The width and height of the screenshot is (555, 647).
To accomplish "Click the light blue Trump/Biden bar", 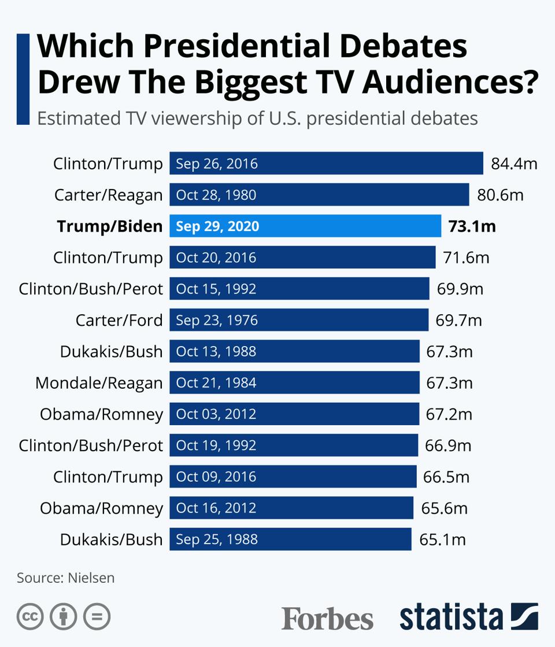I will (305, 226).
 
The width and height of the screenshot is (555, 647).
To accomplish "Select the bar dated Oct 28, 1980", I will (319, 195).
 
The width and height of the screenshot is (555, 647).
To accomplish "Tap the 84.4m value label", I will (514, 163).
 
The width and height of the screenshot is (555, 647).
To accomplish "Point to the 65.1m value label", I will (442, 540).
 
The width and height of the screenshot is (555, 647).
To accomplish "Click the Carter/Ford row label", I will (119, 320).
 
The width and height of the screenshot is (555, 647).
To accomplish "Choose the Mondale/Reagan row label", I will (99, 382).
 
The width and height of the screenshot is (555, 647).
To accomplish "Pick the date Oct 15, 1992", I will (216, 289).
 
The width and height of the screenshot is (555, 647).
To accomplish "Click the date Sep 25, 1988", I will (217, 540).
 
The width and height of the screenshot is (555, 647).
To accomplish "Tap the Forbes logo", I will (327, 619).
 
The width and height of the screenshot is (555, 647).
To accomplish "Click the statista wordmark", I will (451, 617).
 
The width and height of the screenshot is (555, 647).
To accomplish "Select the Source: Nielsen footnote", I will (65, 578).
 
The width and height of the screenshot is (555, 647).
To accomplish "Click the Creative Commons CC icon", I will (31, 617).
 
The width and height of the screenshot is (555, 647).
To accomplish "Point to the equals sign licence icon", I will (97, 617).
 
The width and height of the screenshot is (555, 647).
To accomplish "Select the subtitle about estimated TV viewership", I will (257, 118).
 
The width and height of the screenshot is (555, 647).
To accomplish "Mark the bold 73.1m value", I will (472, 226).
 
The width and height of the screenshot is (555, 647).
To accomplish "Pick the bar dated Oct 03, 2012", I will (294, 414).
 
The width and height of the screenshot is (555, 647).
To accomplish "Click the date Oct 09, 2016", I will (216, 477).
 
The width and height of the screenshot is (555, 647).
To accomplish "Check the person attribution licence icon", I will (64, 617).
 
